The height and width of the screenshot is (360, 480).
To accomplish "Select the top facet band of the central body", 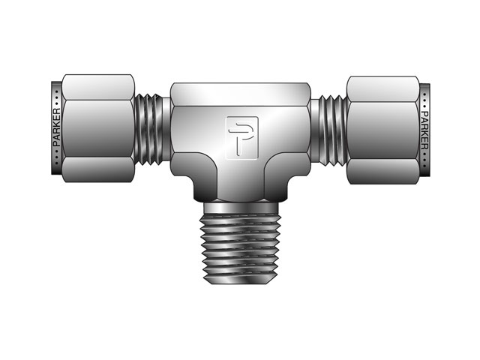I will [240, 94].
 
